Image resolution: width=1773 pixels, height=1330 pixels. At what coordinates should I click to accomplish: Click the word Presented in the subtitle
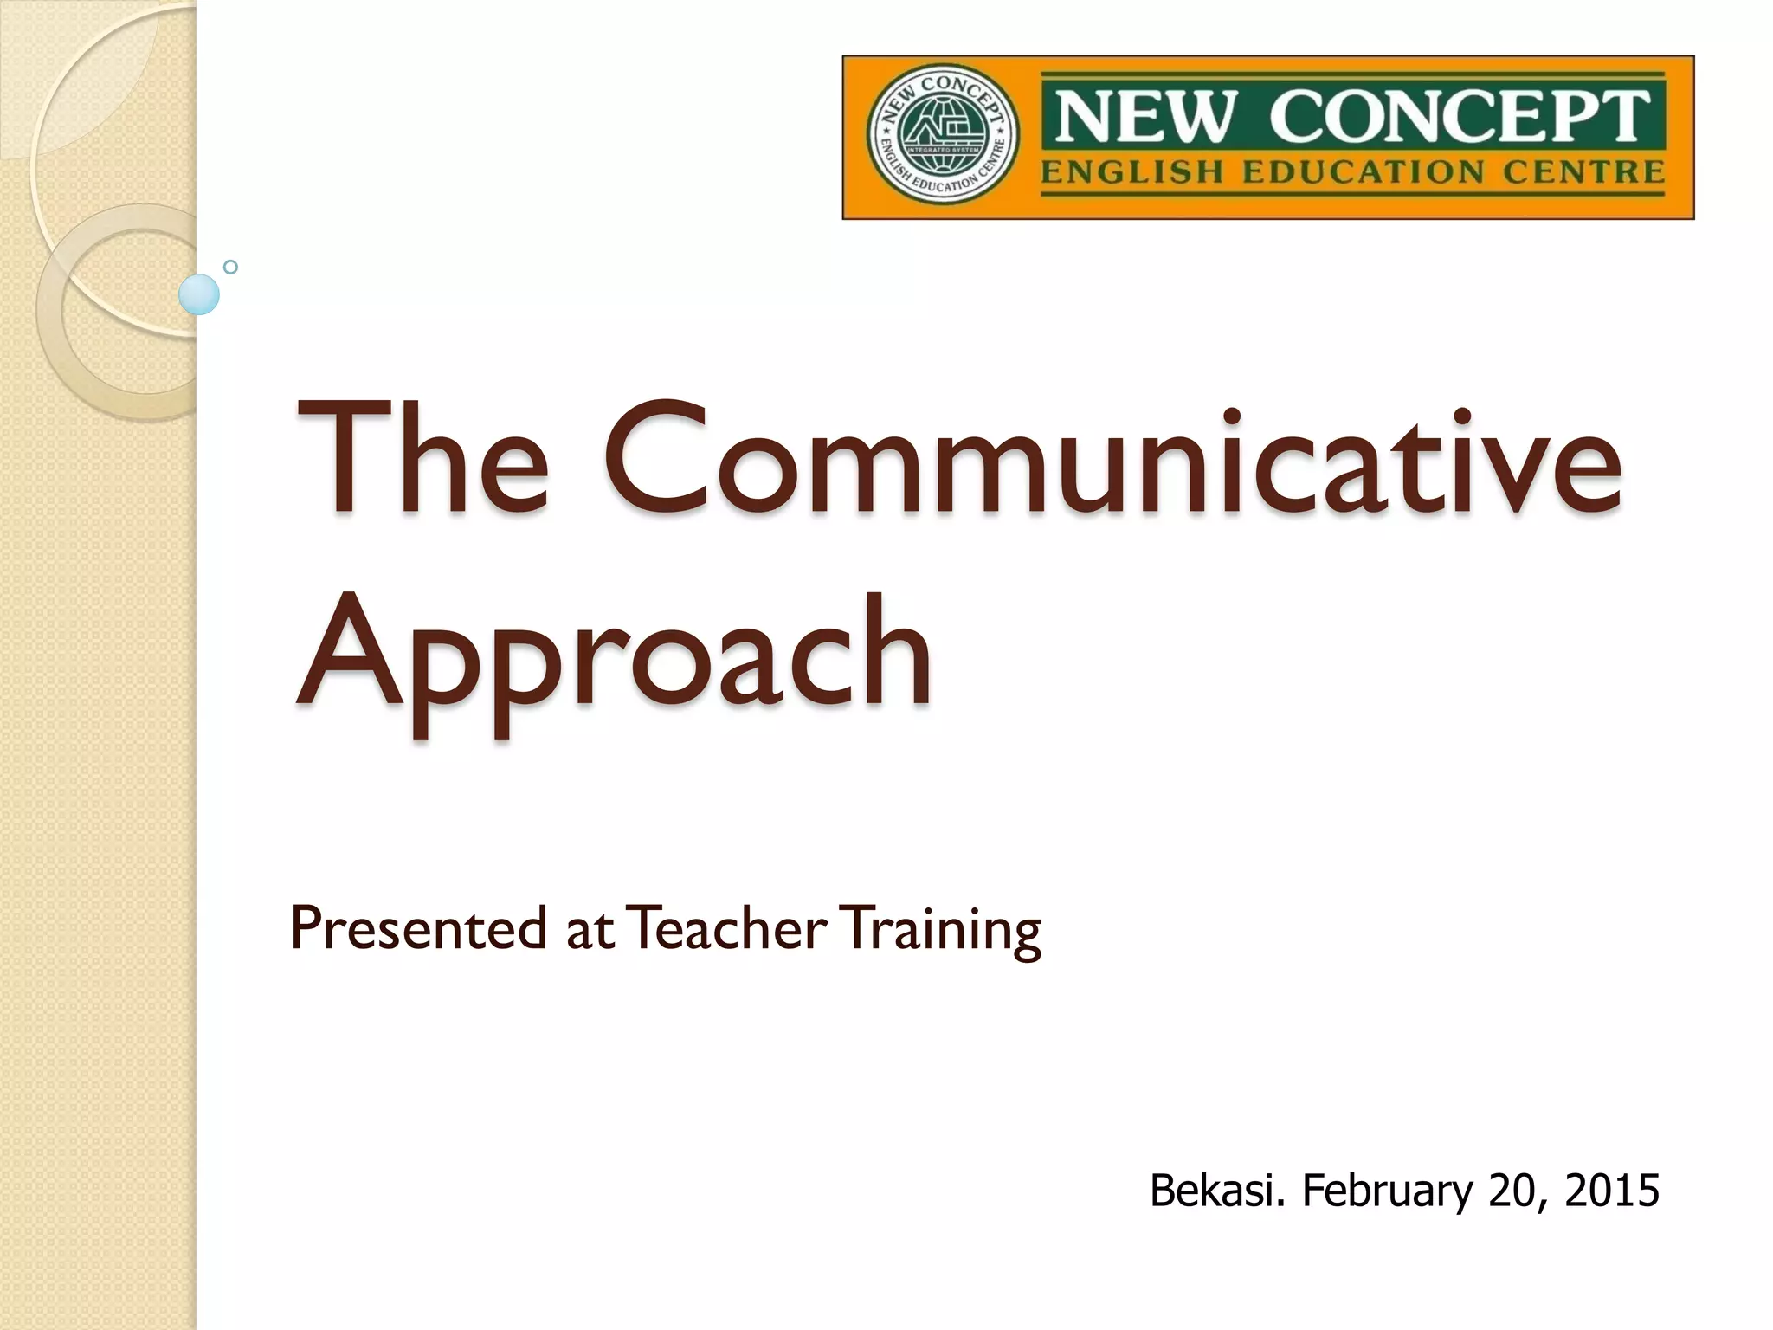[418, 928]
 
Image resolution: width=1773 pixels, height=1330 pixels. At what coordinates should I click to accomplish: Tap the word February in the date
[1387, 1191]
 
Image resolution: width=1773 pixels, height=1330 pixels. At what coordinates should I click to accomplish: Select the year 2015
[1612, 1190]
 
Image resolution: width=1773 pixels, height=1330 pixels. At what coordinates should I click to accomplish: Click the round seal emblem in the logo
[943, 135]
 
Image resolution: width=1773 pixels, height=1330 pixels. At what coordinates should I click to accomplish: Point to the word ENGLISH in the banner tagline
[1132, 172]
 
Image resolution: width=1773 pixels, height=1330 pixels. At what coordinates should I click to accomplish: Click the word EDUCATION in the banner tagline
[1364, 172]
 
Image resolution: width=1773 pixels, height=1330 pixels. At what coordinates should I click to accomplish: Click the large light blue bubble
[199, 294]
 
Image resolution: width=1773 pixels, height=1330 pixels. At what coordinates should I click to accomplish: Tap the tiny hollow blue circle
[230, 267]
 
